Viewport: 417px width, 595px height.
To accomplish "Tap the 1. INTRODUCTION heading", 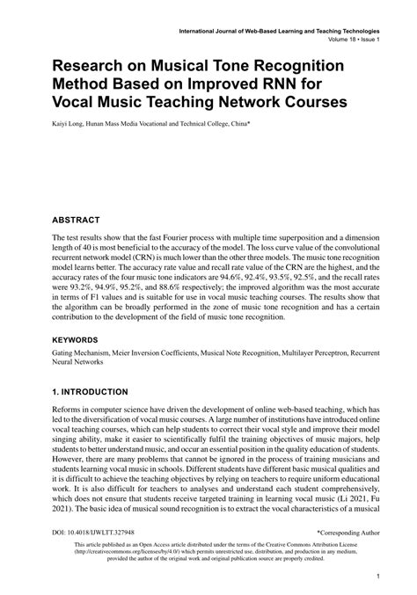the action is [91, 391].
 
